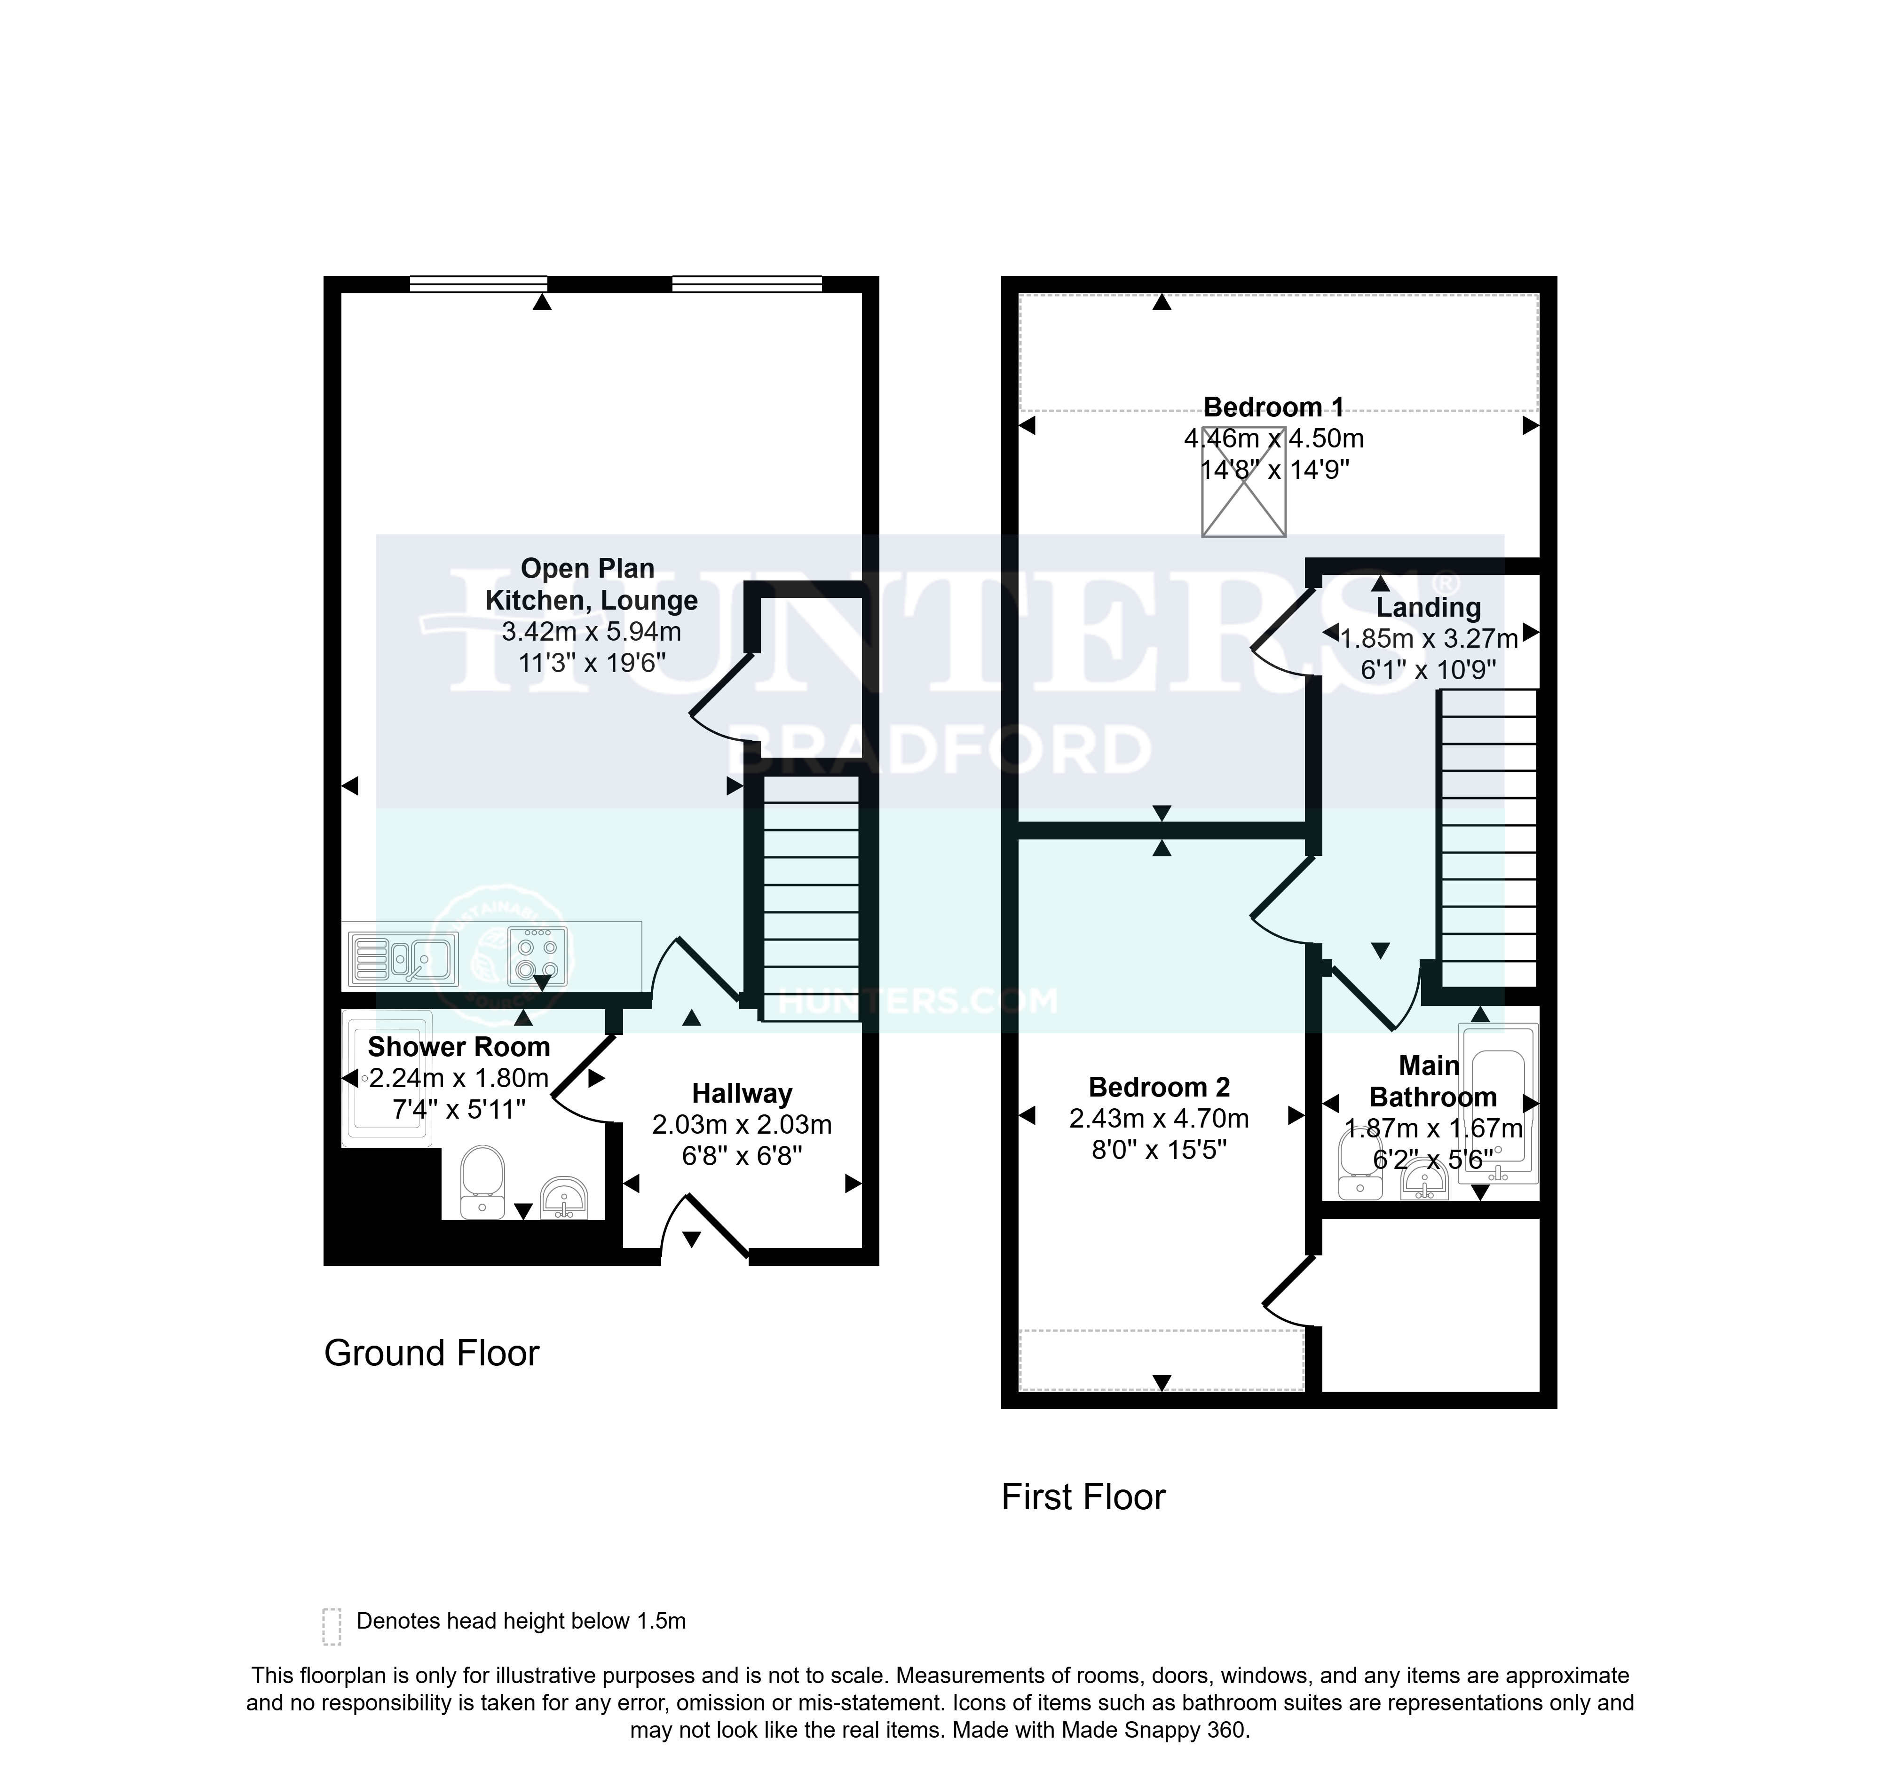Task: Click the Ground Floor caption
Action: click(432, 1353)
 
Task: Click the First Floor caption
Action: click(1083, 1497)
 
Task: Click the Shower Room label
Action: click(459, 1047)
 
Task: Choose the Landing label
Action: click(1429, 607)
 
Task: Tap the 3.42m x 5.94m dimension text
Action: click(592, 632)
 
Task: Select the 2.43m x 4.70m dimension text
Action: click(1159, 1119)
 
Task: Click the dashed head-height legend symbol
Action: click(331, 1626)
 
